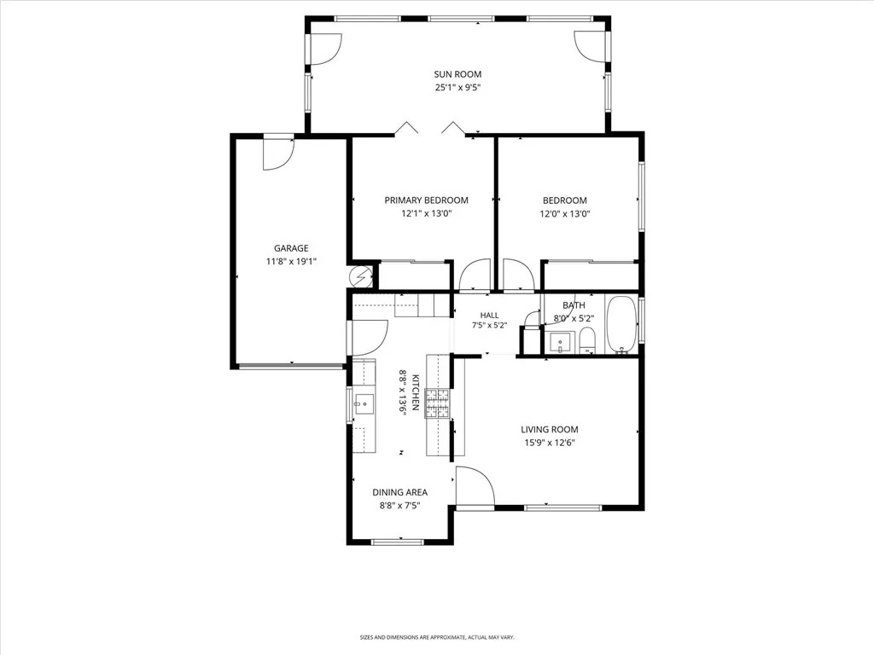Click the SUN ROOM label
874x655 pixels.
[x=457, y=74]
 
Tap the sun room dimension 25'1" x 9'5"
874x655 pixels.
[x=457, y=88]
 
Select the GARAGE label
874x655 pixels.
[x=291, y=248]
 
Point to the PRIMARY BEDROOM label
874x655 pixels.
[x=427, y=200]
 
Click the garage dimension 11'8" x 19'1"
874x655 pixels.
[x=291, y=262]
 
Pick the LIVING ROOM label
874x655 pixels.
[x=550, y=430]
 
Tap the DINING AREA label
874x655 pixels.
[x=399, y=492]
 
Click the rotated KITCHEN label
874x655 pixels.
[x=416, y=392]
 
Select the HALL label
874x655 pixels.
[x=489, y=316]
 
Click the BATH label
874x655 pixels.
[x=574, y=305]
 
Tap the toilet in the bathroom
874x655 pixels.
[x=587, y=341]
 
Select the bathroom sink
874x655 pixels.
[x=559, y=342]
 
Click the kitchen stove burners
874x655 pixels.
[x=437, y=403]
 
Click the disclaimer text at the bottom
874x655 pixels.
[x=437, y=637]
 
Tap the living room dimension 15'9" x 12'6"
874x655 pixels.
[x=550, y=443]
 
